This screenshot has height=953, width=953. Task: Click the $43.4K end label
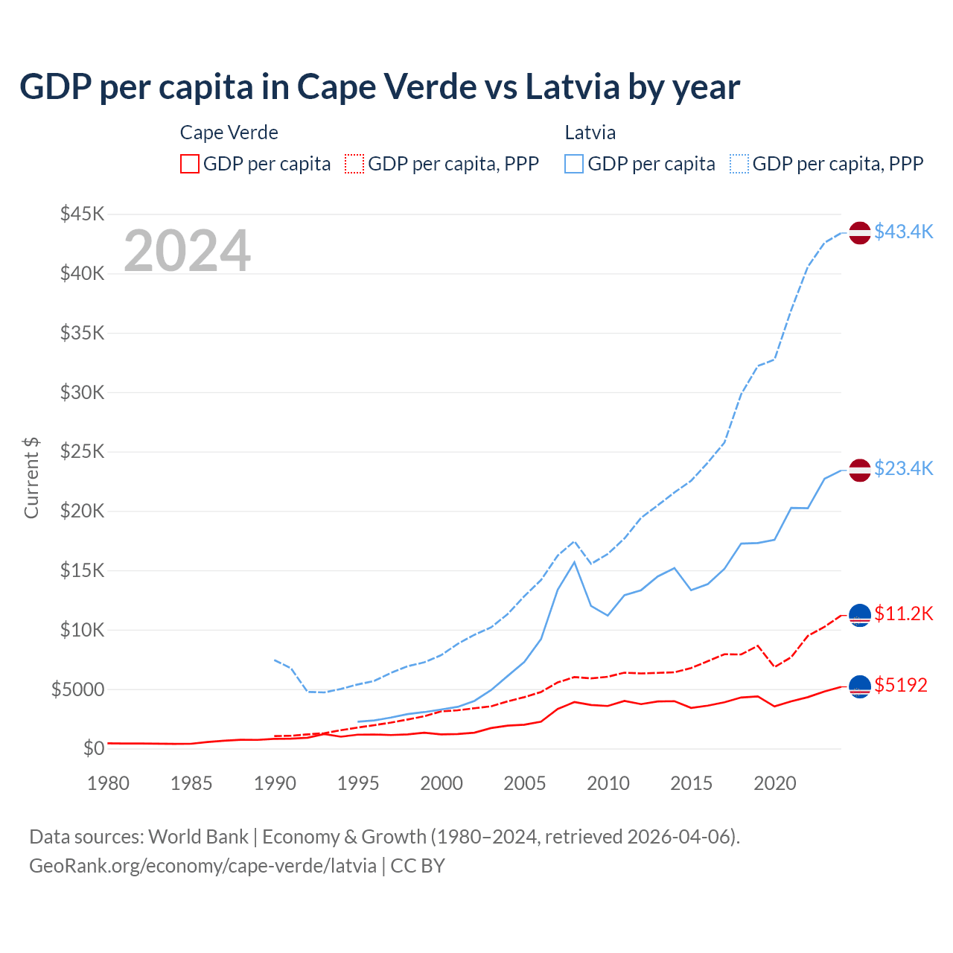pos(903,232)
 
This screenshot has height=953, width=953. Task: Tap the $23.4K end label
pos(903,468)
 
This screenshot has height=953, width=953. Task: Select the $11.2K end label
pos(903,613)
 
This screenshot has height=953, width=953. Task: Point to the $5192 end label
pos(901,685)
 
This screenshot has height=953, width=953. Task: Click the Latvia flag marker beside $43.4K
pos(860,232)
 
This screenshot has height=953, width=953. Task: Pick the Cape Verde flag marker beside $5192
pos(860,686)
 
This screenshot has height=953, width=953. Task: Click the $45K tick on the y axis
pos(83,214)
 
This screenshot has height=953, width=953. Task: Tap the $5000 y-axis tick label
pos(78,689)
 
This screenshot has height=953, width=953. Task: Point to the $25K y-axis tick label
pos(83,452)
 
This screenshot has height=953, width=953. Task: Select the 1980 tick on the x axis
pos(109,783)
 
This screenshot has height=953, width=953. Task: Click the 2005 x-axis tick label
pos(525,783)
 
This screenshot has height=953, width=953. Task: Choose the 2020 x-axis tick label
pos(775,783)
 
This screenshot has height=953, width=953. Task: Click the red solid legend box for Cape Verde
pos(190,164)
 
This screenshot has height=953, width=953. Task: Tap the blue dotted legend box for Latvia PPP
pos(739,164)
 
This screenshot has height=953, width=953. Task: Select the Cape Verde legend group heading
pos(229,133)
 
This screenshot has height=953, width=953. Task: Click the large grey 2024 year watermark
pos(188,251)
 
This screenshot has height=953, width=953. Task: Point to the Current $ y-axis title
pos(31,478)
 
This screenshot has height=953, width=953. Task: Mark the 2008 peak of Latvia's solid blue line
pos(574,561)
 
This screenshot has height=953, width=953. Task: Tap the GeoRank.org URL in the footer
pos(203,866)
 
